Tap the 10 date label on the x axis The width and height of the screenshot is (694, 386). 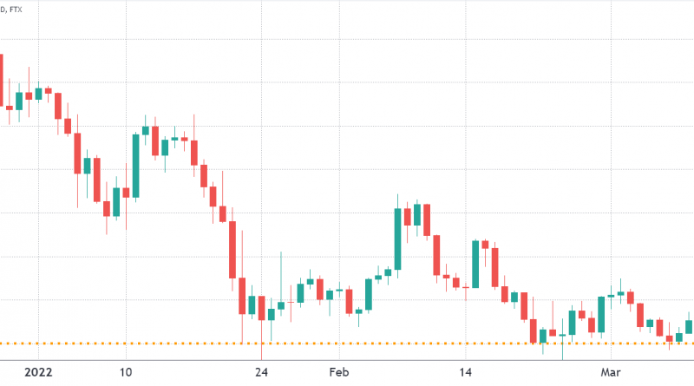(126, 373)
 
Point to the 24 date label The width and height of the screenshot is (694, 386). (261, 373)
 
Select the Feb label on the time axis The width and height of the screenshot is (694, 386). (339, 373)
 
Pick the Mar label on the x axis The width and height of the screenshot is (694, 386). (611, 373)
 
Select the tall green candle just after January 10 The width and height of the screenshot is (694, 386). (135, 165)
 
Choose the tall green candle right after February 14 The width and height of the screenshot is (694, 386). (475, 264)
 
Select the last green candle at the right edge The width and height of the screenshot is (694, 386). (690, 326)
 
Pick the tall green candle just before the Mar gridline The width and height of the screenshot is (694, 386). (601, 315)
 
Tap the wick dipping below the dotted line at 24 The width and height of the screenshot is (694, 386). (261, 351)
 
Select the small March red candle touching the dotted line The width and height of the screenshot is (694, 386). (669, 338)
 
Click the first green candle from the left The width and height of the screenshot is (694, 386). (19, 100)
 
